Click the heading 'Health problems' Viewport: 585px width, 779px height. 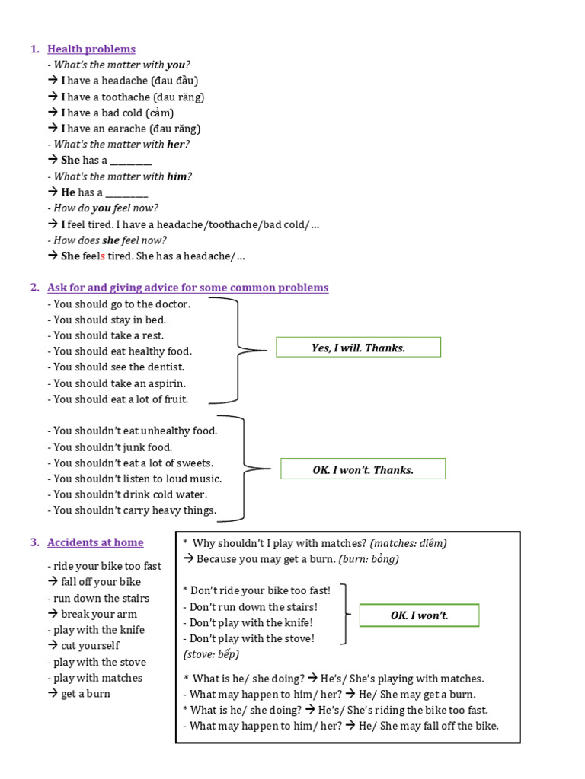(x=91, y=49)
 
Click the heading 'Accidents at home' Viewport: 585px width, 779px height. (x=95, y=542)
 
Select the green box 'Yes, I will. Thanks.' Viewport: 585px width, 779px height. (x=358, y=348)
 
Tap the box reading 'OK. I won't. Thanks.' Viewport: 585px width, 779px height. (x=363, y=469)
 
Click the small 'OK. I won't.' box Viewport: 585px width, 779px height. (x=419, y=615)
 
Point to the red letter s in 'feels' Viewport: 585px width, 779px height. (x=102, y=256)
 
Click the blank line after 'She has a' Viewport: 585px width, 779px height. (x=131, y=161)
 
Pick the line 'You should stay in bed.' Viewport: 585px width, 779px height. (x=107, y=320)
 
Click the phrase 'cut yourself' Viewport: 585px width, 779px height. (x=90, y=646)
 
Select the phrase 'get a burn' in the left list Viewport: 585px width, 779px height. (x=85, y=694)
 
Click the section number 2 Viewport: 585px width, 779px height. (x=34, y=288)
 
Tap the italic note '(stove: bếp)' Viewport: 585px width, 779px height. (x=211, y=654)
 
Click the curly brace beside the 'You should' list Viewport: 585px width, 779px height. (x=236, y=351)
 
